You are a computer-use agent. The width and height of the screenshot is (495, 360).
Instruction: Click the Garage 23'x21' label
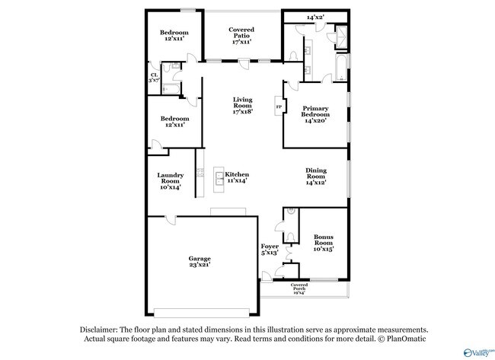point(200,261)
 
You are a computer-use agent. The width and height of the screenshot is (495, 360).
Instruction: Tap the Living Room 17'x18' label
point(243,105)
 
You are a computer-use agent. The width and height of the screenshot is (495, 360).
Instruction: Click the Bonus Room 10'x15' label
point(324,243)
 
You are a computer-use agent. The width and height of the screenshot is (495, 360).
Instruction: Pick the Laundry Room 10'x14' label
point(170,180)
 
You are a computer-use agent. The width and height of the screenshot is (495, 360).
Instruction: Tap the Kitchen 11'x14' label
point(237,178)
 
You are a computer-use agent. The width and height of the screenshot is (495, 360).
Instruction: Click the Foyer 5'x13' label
point(270,249)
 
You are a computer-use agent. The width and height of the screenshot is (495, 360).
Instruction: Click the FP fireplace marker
point(279,107)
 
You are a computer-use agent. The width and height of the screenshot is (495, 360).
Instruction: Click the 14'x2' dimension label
point(315,17)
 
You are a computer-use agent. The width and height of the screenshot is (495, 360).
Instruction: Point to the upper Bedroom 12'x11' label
point(174,35)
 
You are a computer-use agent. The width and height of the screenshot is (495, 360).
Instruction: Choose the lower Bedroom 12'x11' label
point(174,122)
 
